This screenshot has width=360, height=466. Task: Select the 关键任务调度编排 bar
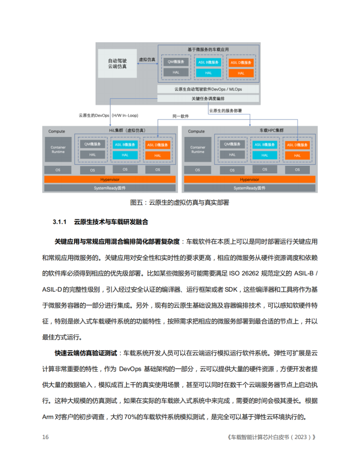[x=208, y=98]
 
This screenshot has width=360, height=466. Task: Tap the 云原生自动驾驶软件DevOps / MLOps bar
[x=208, y=89]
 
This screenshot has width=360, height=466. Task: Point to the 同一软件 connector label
[x=181, y=116]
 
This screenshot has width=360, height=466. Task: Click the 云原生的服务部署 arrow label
[x=225, y=110]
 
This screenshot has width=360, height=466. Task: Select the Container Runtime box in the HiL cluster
[x=58, y=150]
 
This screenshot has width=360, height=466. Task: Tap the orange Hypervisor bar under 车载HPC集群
[x=249, y=180]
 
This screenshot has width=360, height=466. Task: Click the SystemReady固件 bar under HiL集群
[x=110, y=188]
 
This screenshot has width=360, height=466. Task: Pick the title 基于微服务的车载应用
[x=208, y=49]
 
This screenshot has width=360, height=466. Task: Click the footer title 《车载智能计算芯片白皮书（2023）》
[x=269, y=437]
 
